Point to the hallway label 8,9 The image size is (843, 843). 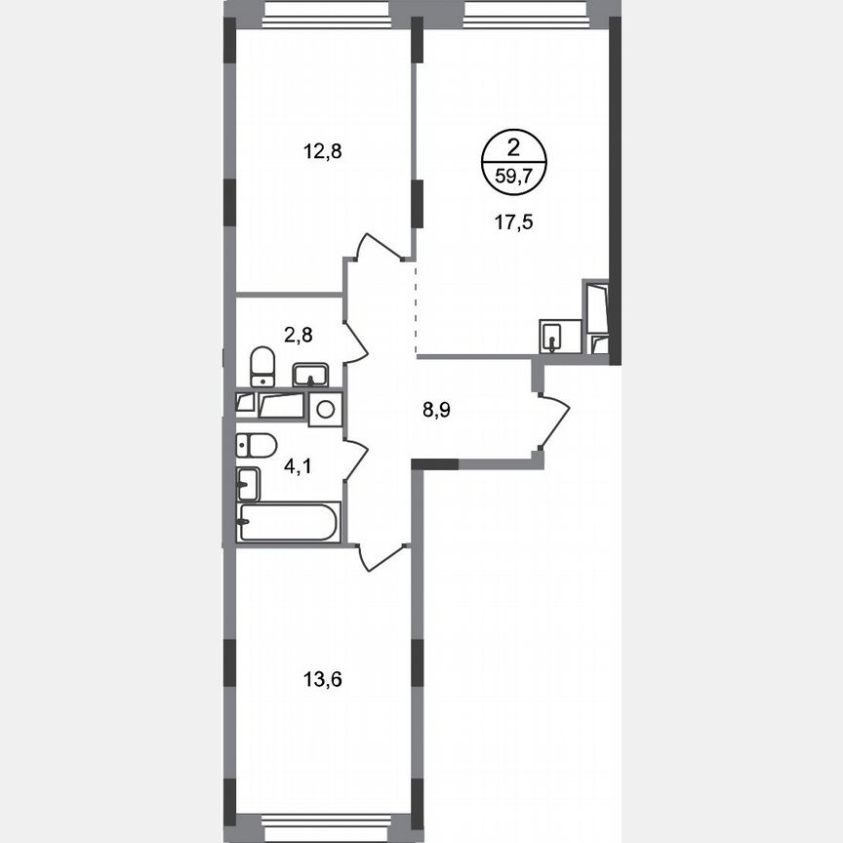pyautogui.click(x=437, y=410)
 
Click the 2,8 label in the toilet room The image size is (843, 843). pyautogui.click(x=298, y=336)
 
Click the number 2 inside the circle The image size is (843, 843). pyautogui.click(x=513, y=148)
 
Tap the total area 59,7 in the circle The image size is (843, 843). pyautogui.click(x=513, y=178)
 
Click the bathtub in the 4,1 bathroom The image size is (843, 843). pyautogui.click(x=288, y=522)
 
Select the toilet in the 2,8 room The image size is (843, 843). pyautogui.click(x=261, y=366)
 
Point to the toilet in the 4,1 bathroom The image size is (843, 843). pyautogui.click(x=257, y=445)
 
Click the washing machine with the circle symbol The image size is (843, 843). pyautogui.click(x=325, y=409)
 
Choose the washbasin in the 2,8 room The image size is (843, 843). pyautogui.click(x=311, y=375)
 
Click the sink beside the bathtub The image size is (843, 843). pyautogui.click(x=248, y=483)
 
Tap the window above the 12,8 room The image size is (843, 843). pyautogui.click(x=325, y=12)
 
